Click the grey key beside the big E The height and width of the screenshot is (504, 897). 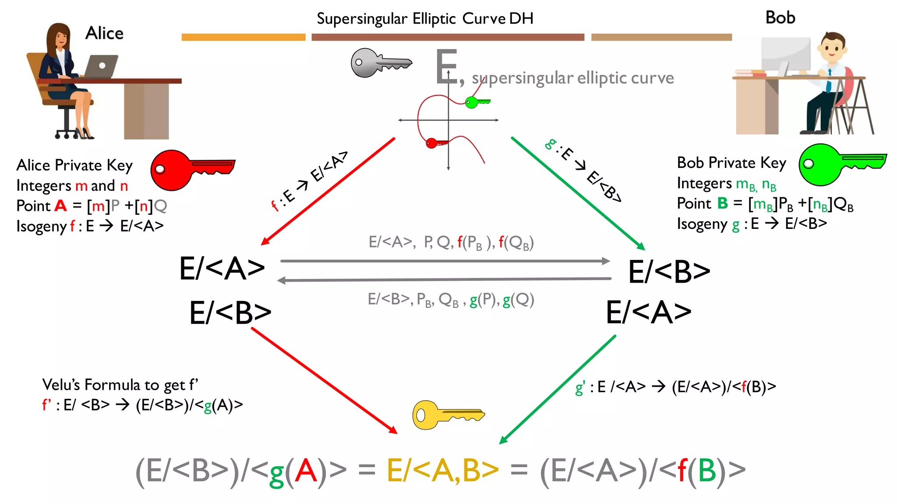380,63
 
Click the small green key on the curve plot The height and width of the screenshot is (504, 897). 476,102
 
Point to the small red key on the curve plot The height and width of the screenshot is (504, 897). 435,143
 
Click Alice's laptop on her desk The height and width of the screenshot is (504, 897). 101,66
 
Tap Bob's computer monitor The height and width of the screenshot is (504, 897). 786,55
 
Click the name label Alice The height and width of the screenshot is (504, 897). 104,33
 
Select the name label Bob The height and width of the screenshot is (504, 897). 780,17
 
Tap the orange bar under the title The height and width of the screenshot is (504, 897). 244,37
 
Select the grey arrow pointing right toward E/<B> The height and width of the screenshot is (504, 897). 445,261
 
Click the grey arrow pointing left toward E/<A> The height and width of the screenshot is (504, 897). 445,279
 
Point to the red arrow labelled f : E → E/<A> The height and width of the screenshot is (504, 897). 328,191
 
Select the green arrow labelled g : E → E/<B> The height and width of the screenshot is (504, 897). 578,192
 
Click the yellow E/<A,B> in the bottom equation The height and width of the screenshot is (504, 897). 442,471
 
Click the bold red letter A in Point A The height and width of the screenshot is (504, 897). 60,206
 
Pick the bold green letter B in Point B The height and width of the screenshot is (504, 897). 722,203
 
